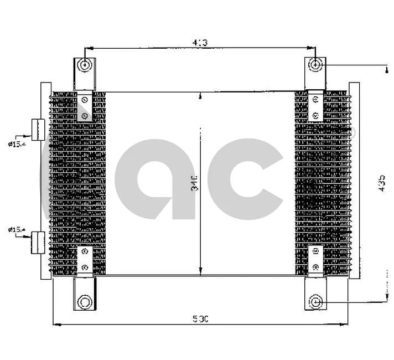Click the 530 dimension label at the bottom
(200, 318)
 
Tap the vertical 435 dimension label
(381, 183)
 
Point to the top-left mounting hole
(85, 65)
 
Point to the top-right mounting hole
(315, 65)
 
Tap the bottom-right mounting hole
(315, 302)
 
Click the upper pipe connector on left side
(38, 130)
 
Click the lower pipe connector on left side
(38, 243)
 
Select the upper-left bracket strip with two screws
(84, 107)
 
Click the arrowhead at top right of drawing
(385, 69)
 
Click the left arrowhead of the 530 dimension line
(55, 325)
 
